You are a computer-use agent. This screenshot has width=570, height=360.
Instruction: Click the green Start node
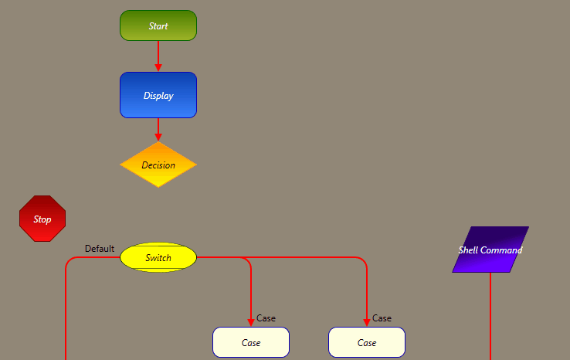(x=158, y=25)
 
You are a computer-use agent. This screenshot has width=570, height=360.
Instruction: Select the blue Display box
(x=158, y=95)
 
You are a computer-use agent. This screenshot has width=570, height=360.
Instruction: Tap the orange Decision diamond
(x=158, y=165)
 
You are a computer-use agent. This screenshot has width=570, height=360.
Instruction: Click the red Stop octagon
(x=42, y=219)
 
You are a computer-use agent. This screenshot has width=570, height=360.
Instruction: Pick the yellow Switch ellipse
(x=158, y=257)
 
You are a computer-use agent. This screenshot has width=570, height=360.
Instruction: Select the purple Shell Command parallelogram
(x=490, y=250)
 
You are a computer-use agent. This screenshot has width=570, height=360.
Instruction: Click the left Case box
(x=251, y=342)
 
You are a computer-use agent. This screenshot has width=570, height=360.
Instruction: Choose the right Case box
(x=367, y=342)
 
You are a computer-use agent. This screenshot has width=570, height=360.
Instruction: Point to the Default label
(x=100, y=249)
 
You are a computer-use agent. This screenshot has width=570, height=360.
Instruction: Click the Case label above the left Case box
(x=266, y=318)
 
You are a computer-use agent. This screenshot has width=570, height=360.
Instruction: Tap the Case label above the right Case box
(x=382, y=318)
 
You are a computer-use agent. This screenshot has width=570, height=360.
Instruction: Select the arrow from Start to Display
(x=158, y=54)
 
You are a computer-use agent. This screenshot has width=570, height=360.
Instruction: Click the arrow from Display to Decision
(x=158, y=128)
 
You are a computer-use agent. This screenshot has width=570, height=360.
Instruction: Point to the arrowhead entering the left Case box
(x=251, y=322)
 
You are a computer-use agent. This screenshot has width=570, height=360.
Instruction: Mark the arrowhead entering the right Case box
(x=367, y=322)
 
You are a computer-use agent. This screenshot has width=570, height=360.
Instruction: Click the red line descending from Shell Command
(x=490, y=317)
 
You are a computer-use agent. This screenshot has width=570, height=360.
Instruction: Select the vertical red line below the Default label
(x=66, y=317)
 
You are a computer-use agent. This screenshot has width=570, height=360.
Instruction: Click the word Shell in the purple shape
(x=468, y=250)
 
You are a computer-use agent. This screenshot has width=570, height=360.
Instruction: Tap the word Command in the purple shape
(x=501, y=250)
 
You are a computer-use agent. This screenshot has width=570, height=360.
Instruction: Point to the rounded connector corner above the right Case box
(x=364, y=260)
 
